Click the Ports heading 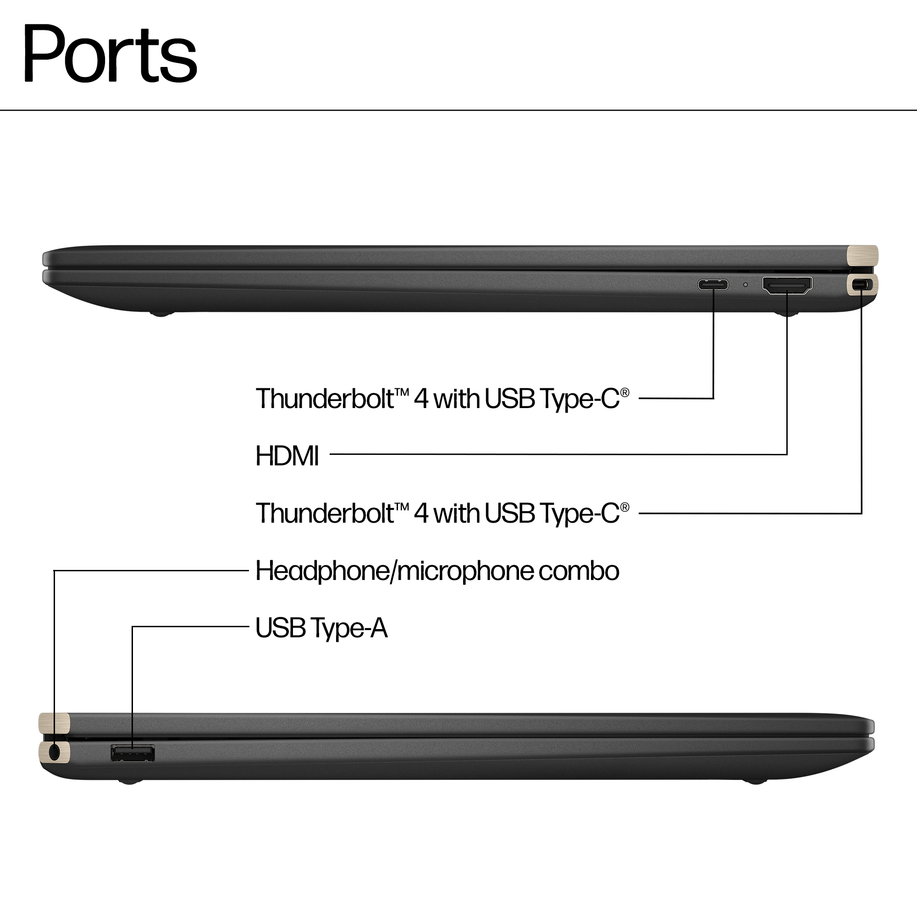110,54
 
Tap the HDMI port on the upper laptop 787,285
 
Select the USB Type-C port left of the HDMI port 713,285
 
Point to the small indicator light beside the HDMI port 745,285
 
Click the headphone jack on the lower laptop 55,752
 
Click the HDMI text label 287,456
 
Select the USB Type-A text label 321,628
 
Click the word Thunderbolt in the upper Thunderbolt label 325,398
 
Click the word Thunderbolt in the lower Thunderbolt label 325,513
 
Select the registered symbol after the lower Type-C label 624,508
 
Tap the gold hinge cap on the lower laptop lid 54,724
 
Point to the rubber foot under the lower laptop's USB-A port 130,781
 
